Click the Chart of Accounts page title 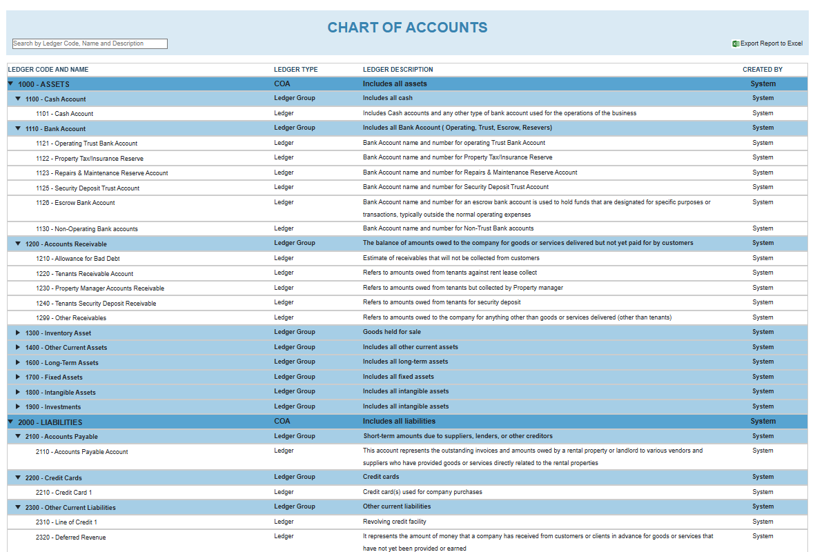[x=407, y=28]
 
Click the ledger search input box [x=90, y=43]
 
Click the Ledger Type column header [x=295, y=70]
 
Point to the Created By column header [x=762, y=70]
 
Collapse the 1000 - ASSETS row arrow [x=10, y=83]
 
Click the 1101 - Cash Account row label [x=64, y=114]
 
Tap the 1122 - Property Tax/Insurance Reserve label [x=89, y=159]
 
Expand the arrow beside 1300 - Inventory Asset [x=18, y=333]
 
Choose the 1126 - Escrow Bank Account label [x=75, y=203]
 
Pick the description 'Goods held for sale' [x=391, y=332]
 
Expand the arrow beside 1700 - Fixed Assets [x=18, y=377]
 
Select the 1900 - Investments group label [x=52, y=407]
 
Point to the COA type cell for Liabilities [x=282, y=421]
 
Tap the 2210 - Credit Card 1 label [x=63, y=493]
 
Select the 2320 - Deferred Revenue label [x=70, y=538]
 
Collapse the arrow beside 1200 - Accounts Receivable [x=18, y=244]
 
